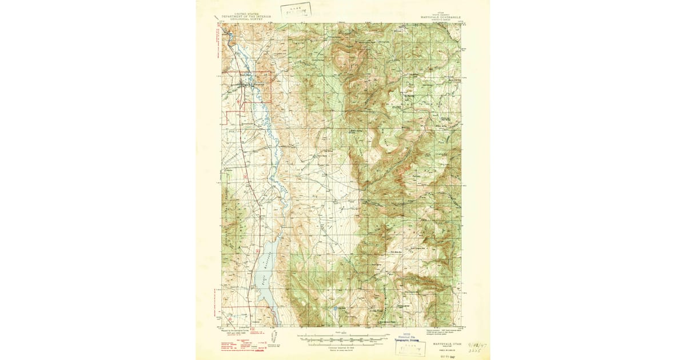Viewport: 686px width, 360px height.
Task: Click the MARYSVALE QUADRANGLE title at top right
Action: [441, 17]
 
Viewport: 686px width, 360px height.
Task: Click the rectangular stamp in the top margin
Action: [297, 10]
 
